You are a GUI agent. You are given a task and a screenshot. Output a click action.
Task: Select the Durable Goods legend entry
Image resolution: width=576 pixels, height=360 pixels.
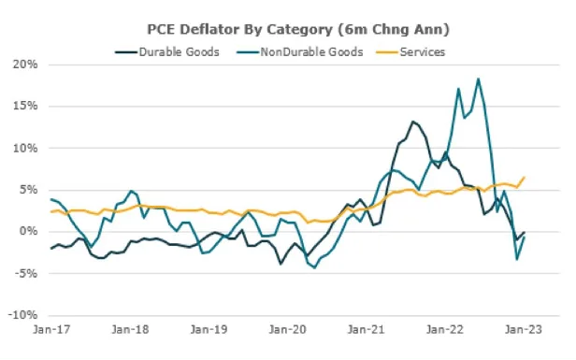[167, 52]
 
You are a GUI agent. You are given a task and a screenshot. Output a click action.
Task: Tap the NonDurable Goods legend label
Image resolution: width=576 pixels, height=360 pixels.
[311, 52]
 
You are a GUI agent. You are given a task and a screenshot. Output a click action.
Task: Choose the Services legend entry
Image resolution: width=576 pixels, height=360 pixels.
[411, 52]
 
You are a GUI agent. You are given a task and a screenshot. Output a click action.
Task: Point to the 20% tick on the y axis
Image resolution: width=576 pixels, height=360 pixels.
[25, 65]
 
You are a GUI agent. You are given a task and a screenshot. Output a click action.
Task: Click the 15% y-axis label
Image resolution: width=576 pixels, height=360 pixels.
[25, 107]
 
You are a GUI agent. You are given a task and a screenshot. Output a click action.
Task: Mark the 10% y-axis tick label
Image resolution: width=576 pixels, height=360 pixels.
[25, 148]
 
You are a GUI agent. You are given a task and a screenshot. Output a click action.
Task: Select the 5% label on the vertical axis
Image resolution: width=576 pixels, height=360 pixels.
[28, 190]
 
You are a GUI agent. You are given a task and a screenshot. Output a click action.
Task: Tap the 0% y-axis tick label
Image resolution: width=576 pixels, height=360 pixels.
[28, 232]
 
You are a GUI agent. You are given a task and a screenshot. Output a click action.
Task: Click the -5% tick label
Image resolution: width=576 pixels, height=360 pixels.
[26, 273]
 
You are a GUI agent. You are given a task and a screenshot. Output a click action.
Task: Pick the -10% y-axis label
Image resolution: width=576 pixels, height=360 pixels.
[22, 315]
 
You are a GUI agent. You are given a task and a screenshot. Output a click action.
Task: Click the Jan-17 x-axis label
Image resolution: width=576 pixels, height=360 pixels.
[51, 329]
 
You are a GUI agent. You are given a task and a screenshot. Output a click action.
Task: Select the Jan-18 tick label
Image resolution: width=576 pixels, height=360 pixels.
[130, 329]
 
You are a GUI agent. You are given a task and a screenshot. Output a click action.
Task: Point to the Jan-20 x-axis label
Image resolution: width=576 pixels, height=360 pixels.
[288, 329]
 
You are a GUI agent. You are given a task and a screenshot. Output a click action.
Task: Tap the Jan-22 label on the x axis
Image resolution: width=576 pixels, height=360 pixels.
[445, 329]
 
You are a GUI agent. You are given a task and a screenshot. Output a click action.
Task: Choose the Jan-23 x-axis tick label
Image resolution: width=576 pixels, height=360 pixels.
[524, 329]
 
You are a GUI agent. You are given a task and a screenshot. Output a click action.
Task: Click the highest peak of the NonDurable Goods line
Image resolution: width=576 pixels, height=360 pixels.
[478, 79]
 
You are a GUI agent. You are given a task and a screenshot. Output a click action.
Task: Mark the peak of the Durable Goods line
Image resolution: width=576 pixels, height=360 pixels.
[412, 122]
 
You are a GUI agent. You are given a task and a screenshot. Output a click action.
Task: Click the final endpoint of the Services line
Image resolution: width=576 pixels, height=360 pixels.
[525, 177]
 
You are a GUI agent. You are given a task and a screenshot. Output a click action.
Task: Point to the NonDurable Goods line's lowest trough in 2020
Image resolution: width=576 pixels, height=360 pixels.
[314, 267]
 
